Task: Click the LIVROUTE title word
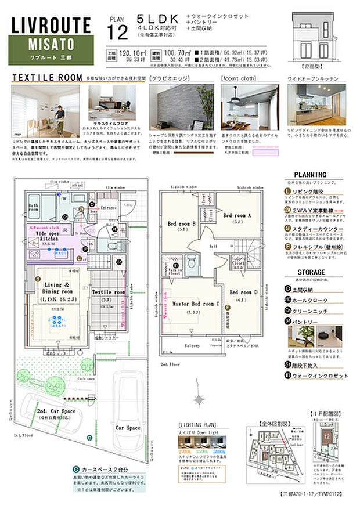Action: [52, 25]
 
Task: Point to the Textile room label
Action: [109, 293]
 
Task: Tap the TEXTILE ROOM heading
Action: [47, 77]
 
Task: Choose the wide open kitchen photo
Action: [316, 104]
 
